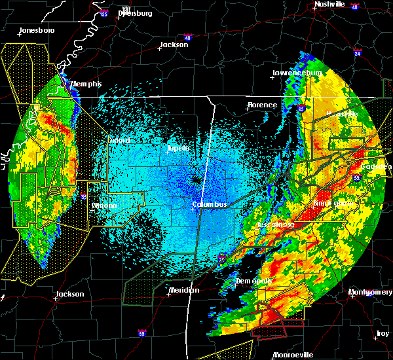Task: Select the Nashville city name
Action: pos(329,4)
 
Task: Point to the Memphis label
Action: pos(86,84)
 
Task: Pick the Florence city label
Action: pos(262,105)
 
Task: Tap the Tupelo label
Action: pos(178,148)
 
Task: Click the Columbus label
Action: pos(210,204)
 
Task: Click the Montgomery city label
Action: pos(371,292)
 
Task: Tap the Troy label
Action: pos(383,334)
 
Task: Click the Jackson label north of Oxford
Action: pos(174,45)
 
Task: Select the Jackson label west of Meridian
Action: pos(69,294)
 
